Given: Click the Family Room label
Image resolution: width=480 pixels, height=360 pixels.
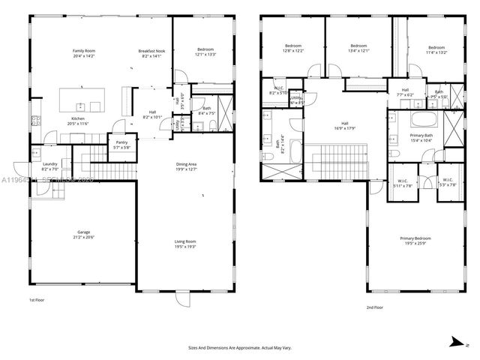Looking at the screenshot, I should (x=83, y=50).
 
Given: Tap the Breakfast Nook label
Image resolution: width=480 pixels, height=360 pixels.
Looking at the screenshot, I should (x=151, y=50).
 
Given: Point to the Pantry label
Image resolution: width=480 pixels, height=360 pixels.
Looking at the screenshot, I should (x=120, y=143).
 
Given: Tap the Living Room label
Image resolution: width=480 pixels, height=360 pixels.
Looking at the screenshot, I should (x=185, y=241).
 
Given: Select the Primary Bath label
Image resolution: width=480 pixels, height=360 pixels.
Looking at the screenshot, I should (x=421, y=135).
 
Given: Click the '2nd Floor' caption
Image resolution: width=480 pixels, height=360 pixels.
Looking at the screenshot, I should (x=375, y=307).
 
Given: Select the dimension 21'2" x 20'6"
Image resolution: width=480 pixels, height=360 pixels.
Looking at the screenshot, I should (x=83, y=237).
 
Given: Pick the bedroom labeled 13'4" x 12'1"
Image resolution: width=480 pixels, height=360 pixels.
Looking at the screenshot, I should (x=358, y=49).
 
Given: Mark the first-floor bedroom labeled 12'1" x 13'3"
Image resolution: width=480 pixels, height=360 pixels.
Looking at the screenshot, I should (x=205, y=52).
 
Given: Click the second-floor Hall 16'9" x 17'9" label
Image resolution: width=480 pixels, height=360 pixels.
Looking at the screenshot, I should (x=345, y=126).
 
